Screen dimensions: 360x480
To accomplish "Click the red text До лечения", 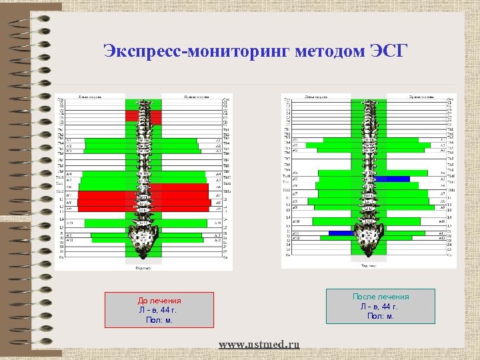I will click(x=159, y=301).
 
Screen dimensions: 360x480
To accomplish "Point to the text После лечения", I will click(x=381, y=297).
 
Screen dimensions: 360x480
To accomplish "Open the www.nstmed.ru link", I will click(x=259, y=344).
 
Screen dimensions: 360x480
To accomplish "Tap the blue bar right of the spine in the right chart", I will click(x=397, y=179).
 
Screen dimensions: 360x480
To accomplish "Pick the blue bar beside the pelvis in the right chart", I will click(x=340, y=233).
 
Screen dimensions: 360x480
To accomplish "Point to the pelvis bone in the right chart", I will click(x=368, y=236).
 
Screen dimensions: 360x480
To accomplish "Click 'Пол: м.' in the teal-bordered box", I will click(x=380, y=315).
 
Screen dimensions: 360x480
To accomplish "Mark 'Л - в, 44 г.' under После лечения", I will click(x=380, y=306).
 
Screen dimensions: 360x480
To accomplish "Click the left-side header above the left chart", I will click(x=90, y=97).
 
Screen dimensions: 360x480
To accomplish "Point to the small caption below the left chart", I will click(x=143, y=268).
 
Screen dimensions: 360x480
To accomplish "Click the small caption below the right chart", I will click(x=368, y=265).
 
